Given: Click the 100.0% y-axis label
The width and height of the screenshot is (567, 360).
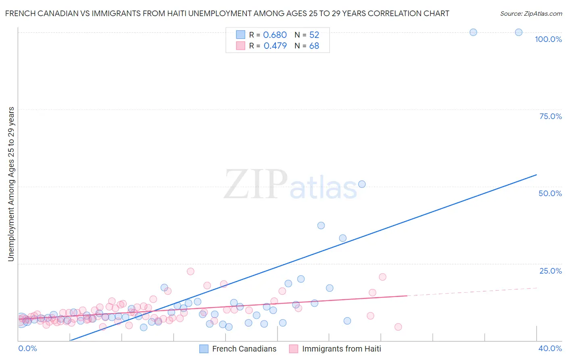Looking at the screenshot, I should (x=548, y=39).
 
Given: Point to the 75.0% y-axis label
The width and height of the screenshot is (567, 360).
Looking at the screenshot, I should (x=550, y=116).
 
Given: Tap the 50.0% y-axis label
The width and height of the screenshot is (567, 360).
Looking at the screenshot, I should (x=550, y=193).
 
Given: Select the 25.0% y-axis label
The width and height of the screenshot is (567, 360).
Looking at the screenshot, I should (x=550, y=271).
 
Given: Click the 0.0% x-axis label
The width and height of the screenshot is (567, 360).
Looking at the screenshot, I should (x=27, y=348).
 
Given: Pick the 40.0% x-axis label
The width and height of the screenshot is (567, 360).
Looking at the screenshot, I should (x=550, y=348).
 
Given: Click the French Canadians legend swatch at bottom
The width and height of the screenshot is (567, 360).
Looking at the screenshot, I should (x=204, y=349).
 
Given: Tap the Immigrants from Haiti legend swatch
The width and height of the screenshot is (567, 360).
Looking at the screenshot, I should (x=294, y=349).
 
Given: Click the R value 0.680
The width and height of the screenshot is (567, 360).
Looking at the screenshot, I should (x=275, y=35).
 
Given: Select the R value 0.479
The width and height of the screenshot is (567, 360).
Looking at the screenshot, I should (x=275, y=46).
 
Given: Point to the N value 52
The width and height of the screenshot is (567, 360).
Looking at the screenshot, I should (x=314, y=35).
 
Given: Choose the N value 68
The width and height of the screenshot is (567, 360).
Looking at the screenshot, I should (x=314, y=46).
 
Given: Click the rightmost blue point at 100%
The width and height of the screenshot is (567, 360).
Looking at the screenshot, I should (x=519, y=32).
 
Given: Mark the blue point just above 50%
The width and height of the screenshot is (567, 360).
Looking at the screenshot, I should (x=362, y=184).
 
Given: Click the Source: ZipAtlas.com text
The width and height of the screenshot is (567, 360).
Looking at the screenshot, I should (x=531, y=14).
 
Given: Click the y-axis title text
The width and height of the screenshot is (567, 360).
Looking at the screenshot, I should (x=11, y=184).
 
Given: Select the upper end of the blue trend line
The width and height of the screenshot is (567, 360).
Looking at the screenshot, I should (x=536, y=175).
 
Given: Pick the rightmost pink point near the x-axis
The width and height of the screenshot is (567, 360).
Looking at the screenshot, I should (x=398, y=327).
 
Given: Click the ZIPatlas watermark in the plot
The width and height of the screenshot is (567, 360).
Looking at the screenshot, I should (x=290, y=185).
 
